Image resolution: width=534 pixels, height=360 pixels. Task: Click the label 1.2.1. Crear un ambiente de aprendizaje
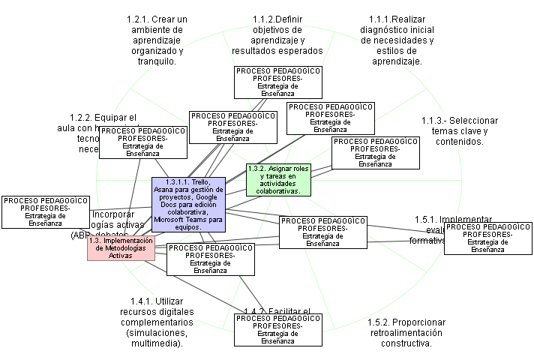point(157,39)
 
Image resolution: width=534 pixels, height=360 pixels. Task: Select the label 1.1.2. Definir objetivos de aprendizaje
point(277,34)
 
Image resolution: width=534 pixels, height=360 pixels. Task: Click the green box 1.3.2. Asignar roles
point(279,180)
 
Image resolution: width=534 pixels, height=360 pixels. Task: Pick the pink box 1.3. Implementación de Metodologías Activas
point(120,248)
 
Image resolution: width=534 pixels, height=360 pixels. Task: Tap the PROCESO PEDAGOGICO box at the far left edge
point(37,211)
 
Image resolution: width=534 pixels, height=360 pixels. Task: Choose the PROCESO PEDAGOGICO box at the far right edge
point(488,238)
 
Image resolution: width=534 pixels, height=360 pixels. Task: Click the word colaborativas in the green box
point(279,190)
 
